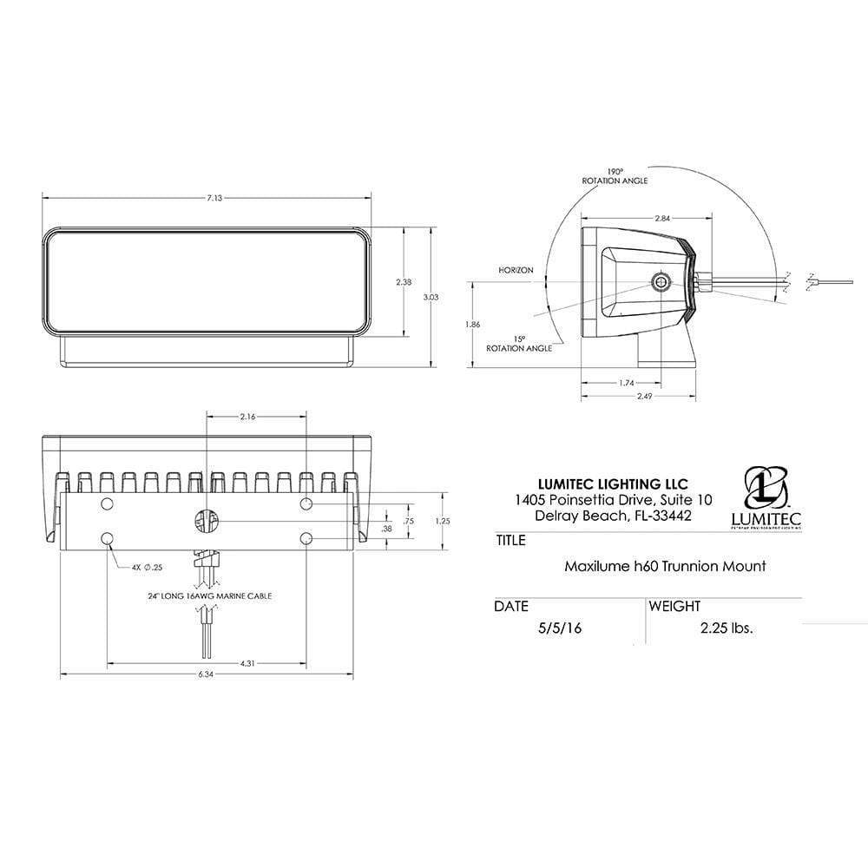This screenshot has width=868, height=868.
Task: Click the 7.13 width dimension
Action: (214, 199)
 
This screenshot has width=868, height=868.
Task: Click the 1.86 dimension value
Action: (472, 324)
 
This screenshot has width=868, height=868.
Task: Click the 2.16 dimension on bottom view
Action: (246, 418)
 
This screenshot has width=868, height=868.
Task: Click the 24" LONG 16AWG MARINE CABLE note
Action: (206, 597)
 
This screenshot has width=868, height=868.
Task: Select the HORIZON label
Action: (515, 270)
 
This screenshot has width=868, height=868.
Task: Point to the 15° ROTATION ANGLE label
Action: (519, 343)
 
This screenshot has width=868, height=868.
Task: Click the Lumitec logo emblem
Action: (766, 490)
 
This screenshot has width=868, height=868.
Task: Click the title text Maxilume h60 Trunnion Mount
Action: (664, 567)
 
